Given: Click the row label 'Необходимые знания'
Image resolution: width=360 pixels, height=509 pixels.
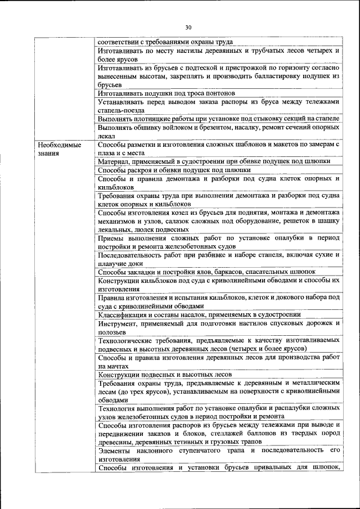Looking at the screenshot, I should coord(60,148).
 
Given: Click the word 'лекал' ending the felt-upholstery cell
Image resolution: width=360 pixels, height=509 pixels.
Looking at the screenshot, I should coord(106,136).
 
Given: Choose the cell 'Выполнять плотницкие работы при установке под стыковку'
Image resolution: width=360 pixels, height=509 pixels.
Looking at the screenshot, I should coord(218,119).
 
